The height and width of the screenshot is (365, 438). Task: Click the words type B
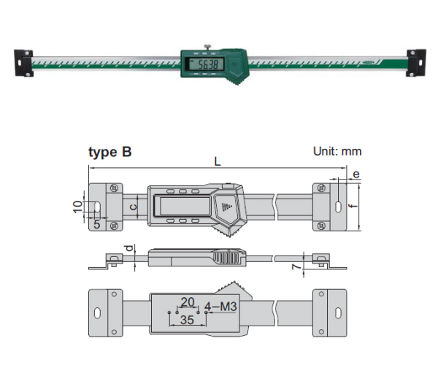coord(110,153)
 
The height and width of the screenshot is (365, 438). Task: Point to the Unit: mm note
coord(337,153)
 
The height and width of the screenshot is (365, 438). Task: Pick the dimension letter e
coord(356,174)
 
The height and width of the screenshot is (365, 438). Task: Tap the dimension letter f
coord(352,207)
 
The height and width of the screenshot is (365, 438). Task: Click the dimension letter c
coord(132,207)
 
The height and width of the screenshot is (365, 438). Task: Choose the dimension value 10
coord(79,207)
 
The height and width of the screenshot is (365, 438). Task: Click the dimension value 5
coord(96,225)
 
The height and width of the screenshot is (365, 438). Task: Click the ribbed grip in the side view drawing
coord(229,258)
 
